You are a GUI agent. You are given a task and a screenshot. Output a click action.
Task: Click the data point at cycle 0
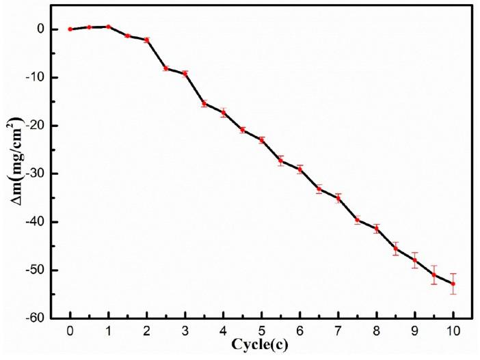pyautogui.click(x=70, y=29)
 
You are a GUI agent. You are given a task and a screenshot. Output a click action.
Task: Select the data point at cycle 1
pyautogui.click(x=108, y=27)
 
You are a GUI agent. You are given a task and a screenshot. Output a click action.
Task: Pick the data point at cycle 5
pyautogui.click(x=262, y=139)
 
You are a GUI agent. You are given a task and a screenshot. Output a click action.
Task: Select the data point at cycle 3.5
pyautogui.click(x=204, y=103)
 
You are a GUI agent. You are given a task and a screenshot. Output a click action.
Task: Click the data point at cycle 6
pyautogui.click(x=300, y=169)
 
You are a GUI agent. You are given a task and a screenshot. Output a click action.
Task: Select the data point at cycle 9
pyautogui.click(x=415, y=260)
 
